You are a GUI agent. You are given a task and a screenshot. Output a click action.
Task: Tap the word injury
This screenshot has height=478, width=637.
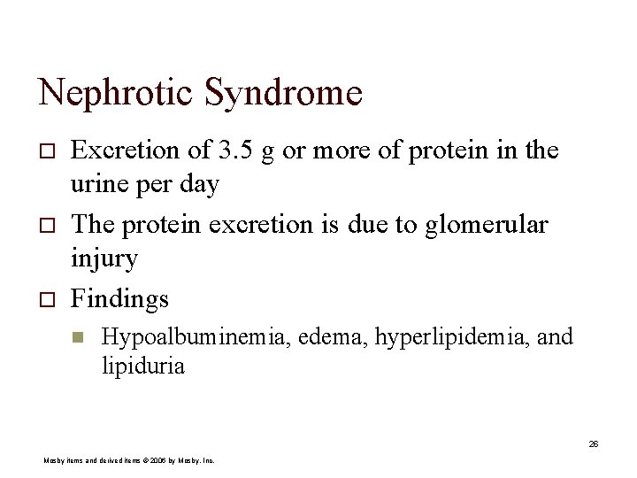[104, 260]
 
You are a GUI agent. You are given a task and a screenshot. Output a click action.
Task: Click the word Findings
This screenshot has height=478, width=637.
[119, 299]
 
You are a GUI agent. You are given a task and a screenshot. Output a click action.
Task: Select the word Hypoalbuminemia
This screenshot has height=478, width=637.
[199, 337]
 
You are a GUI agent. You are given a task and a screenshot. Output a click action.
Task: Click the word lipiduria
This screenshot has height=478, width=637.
[143, 366]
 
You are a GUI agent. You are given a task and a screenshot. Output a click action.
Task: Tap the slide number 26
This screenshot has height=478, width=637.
[594, 443]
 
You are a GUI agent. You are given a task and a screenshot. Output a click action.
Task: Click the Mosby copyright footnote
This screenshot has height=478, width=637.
[129, 460]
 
